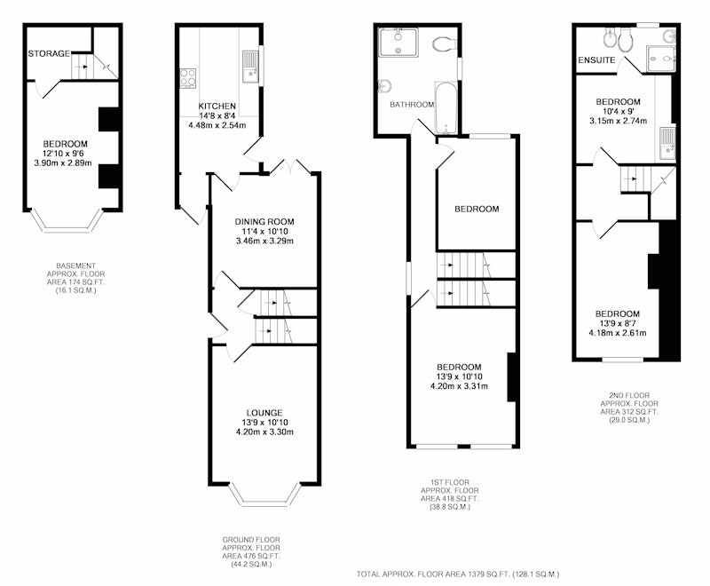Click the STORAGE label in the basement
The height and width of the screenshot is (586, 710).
pyautogui.click(x=49, y=54)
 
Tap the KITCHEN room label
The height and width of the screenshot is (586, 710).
pyautogui.click(x=217, y=106)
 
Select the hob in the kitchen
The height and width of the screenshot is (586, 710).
pyautogui.click(x=188, y=77)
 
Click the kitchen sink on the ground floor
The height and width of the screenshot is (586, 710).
pyautogui.click(x=250, y=67)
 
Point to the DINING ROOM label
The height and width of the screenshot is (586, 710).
pyautogui.click(x=264, y=222)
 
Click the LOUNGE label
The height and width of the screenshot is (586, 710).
pyautogui.click(x=264, y=413)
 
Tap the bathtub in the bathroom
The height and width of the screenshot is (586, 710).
pyautogui.click(x=446, y=107)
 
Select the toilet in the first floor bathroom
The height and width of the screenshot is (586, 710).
pyautogui.click(x=444, y=44)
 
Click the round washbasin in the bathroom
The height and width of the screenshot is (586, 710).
pyautogui.click(x=384, y=85)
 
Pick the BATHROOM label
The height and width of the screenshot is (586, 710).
pyautogui.click(x=412, y=105)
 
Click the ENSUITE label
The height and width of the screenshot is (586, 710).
pyautogui.click(x=596, y=60)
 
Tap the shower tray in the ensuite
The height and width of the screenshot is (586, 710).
pyautogui.click(x=660, y=59)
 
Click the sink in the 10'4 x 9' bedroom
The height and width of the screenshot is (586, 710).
pyautogui.click(x=667, y=143)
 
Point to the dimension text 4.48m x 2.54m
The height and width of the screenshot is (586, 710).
pyautogui.click(x=217, y=125)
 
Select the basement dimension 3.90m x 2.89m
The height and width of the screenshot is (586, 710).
pyautogui.click(x=63, y=163)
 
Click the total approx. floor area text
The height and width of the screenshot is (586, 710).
pyautogui.click(x=458, y=574)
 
